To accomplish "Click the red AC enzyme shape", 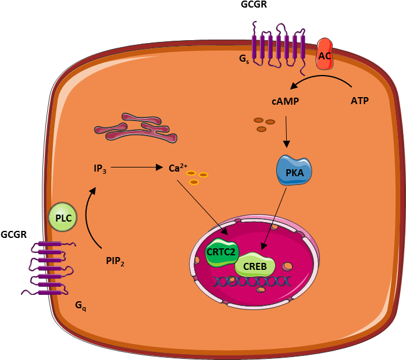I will click(x=325, y=55).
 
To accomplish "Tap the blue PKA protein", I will click(x=294, y=170).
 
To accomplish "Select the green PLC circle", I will click(x=63, y=218).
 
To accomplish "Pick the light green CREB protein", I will click(x=254, y=266).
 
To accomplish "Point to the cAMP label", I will click(x=285, y=101).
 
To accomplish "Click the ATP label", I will click(x=359, y=101).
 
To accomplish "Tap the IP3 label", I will click(x=100, y=169).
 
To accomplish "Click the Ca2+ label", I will click(x=176, y=168).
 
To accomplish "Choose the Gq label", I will click(x=80, y=305).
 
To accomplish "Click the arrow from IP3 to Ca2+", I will click(x=137, y=167).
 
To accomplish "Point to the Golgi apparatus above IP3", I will click(x=136, y=129).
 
